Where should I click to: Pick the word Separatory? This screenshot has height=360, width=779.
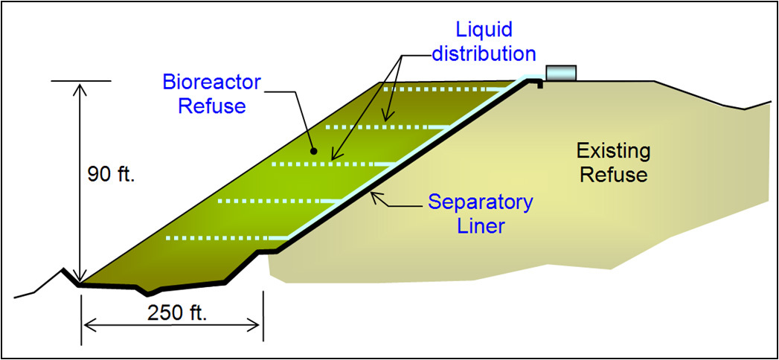(x=480, y=202)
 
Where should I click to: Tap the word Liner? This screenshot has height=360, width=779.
(x=481, y=225)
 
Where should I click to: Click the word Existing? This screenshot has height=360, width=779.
(x=614, y=152)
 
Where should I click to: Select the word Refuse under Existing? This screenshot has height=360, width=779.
(x=614, y=176)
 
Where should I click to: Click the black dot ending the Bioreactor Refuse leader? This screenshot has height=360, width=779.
(x=315, y=151)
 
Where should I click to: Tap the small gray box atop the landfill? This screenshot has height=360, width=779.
(x=562, y=72)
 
